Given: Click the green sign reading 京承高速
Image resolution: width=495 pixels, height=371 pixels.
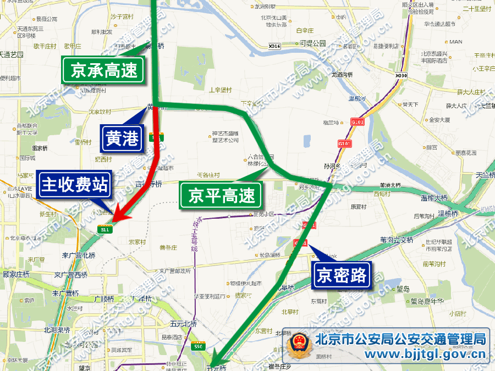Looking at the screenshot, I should coord(104,70).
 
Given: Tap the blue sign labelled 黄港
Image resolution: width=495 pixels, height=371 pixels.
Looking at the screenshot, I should coord(122,139).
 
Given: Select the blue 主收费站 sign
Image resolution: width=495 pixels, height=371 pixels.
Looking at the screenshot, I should coord(75,185).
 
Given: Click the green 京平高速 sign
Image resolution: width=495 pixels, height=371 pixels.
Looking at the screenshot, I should coord(222,196).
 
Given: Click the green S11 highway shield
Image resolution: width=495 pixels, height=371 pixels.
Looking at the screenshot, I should coord(105,230).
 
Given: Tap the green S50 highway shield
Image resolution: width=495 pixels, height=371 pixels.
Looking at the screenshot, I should coord(198,346).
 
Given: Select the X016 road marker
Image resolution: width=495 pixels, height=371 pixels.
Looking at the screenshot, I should coord(275,46).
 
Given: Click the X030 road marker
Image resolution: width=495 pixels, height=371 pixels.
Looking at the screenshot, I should coord(401,75).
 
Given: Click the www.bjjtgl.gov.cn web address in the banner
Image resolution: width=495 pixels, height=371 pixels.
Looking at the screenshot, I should coord(400,355).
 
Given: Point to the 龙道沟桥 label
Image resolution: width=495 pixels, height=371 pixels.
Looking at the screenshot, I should coord(341,75).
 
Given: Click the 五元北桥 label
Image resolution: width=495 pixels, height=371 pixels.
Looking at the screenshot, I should coord(183,323).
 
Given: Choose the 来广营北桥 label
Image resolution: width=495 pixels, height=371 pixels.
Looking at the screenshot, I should coord(79,255).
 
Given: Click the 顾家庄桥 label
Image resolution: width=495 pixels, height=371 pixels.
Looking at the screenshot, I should coord(16,273).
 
